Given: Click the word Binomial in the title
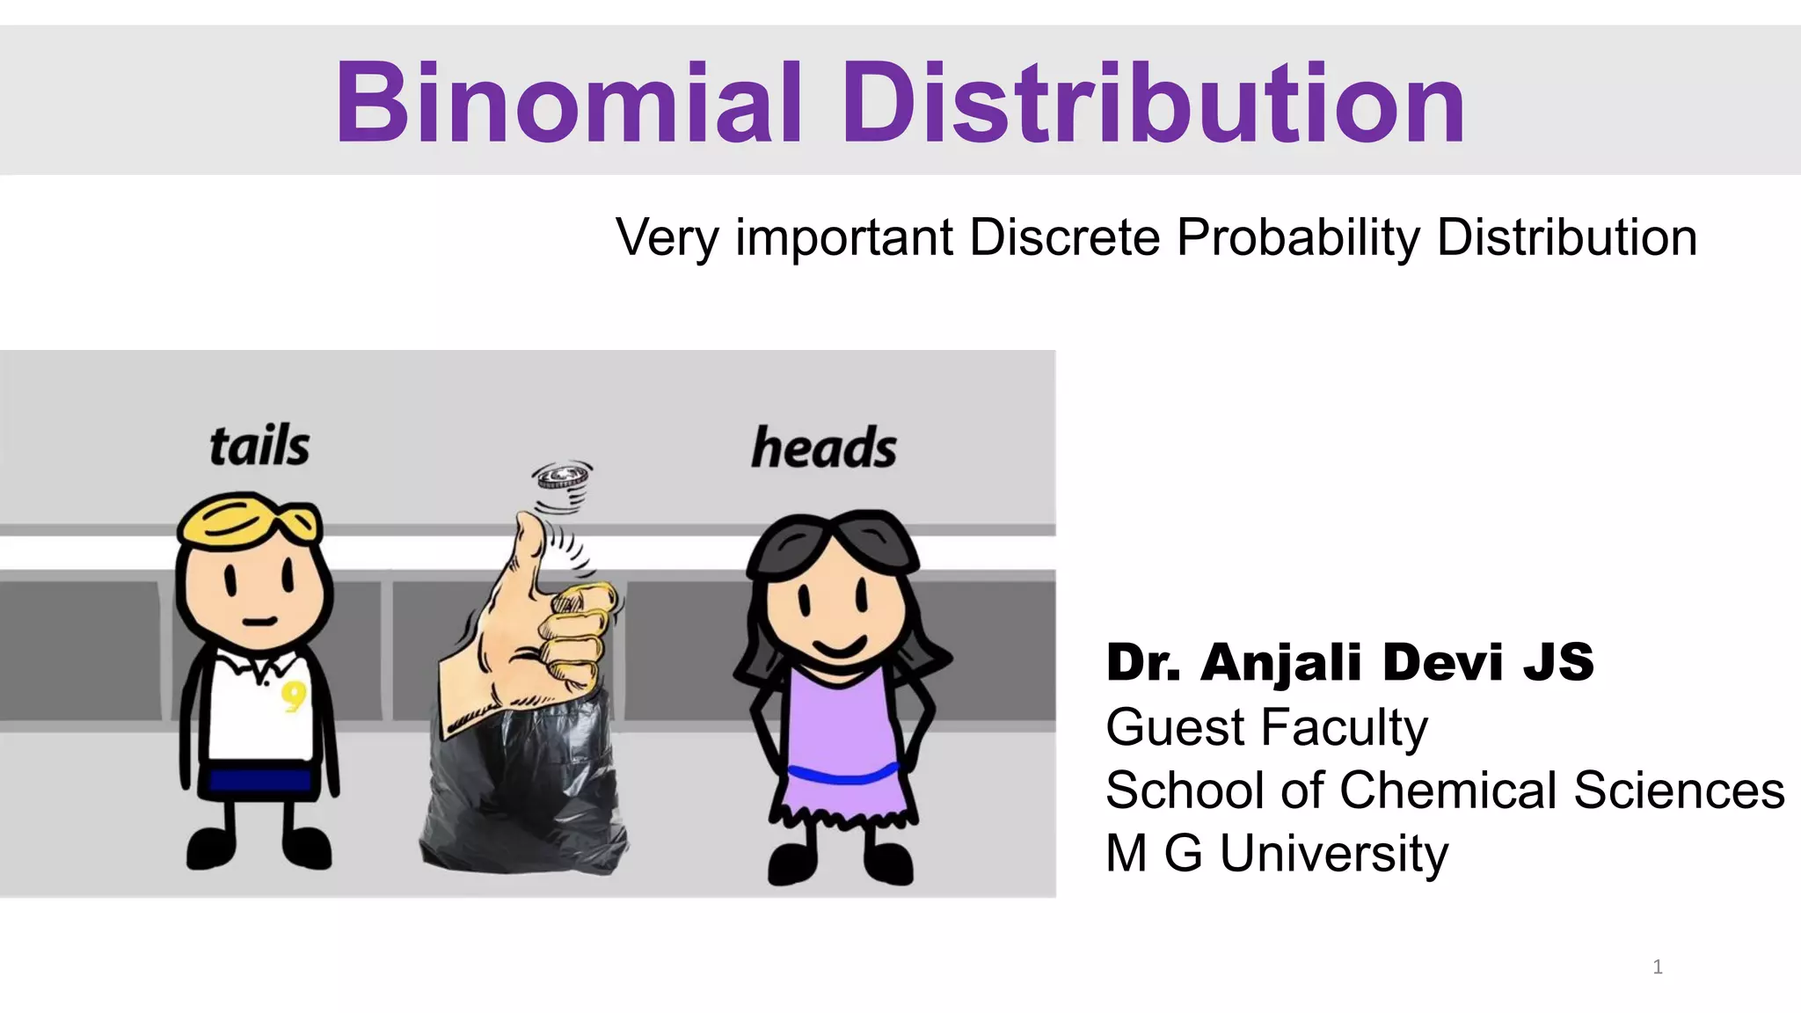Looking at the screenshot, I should pos(568,103).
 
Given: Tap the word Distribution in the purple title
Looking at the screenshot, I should pos(1154,103).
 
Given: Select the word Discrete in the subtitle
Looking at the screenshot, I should pos(1064,237).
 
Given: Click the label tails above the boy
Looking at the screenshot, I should pos(259,446).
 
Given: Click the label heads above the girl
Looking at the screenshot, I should pos(824,448).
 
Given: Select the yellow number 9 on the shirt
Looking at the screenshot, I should pos(294,696).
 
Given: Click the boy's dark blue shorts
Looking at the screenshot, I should pos(260,780).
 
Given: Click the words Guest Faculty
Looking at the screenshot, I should pos(1266,728).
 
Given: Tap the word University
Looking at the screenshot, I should pos(1333,854).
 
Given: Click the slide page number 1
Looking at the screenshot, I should pos(1658,967).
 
